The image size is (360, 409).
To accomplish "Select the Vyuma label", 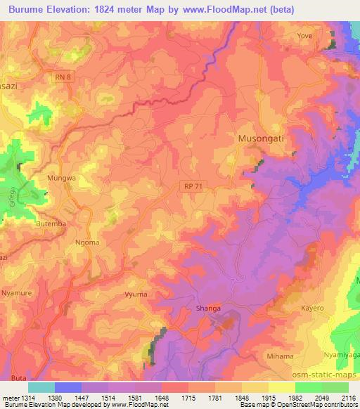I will [x=134, y=295].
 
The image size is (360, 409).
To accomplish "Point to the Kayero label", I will [x=311, y=309].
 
